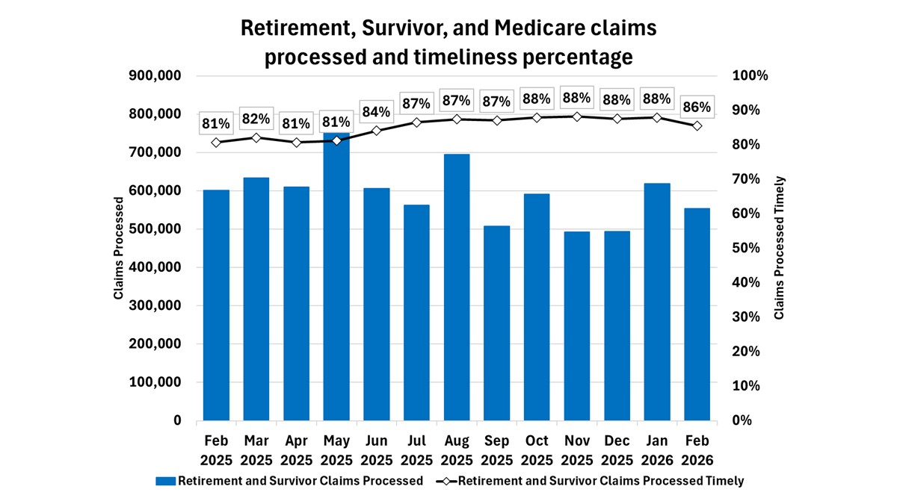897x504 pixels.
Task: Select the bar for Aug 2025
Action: tap(456, 287)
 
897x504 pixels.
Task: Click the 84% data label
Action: tap(376, 112)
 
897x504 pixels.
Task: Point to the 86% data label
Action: tap(697, 107)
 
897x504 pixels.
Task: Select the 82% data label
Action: tap(256, 119)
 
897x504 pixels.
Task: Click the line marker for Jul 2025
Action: tap(416, 122)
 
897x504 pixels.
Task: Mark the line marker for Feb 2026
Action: tap(697, 125)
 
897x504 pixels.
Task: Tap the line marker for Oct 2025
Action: tap(537, 118)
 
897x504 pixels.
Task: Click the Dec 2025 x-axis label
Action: tap(617, 449)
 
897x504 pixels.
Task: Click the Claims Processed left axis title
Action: tap(118, 249)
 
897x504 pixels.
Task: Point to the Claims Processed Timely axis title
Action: tap(780, 248)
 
